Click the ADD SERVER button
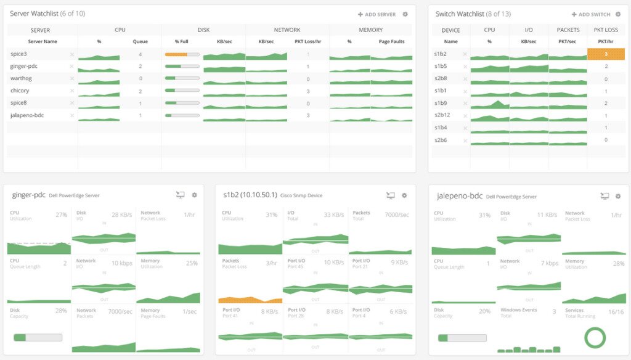tap(377, 14)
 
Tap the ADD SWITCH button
tap(590, 14)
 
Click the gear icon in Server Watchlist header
tap(405, 14)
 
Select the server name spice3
tap(18, 54)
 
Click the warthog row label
tap(21, 78)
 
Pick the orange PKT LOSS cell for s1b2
tap(606, 54)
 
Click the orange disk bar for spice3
tap(176, 54)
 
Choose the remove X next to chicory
tap(71, 91)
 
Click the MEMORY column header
tap(371, 30)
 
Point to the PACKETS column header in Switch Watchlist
tap(568, 30)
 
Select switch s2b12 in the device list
tap(442, 115)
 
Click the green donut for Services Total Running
tap(595, 337)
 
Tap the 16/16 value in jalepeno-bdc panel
tap(615, 312)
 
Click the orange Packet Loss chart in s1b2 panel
tap(250, 300)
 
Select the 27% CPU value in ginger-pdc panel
tap(61, 215)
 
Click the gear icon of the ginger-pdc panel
tap(195, 195)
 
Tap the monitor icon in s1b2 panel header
tap(390, 195)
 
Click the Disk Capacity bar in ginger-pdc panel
tap(38, 337)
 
